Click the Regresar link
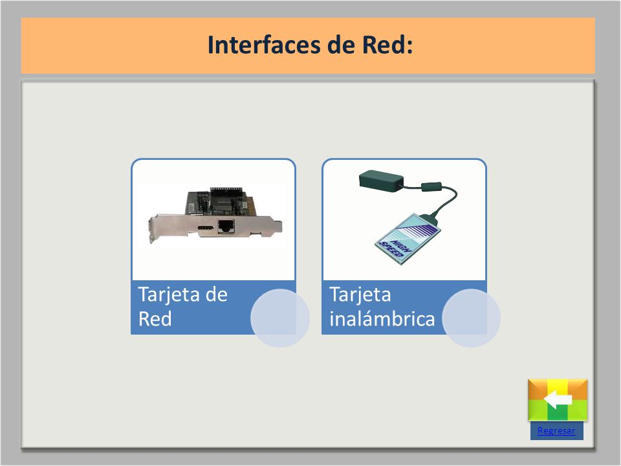556,431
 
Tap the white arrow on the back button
558,399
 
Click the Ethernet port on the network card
226,227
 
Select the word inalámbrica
382,319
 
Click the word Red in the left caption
155,319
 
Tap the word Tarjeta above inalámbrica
360,295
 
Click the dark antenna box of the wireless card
381,181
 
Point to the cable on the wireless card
444,201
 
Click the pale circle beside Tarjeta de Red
280,318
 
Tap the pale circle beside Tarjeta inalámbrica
472,318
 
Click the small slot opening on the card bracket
206,228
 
